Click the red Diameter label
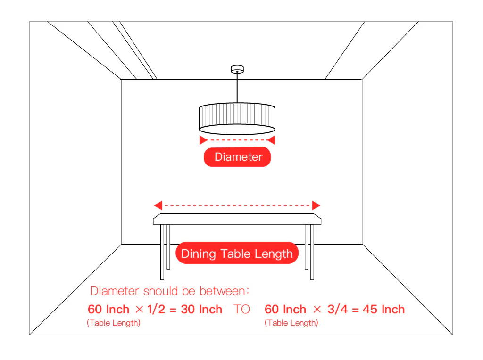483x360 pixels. [237, 157]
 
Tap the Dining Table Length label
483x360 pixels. [237, 253]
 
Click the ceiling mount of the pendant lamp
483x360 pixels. [237, 69]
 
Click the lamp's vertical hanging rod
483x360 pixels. [237, 88]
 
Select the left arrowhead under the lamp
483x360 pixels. [203, 140]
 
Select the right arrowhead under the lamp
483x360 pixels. [271, 140]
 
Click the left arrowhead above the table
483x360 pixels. [158, 205]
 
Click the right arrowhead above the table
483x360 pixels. [316, 205]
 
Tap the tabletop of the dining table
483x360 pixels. [237, 219]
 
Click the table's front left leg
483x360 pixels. [162, 252]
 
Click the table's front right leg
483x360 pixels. [312, 252]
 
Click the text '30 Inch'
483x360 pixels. [201, 309]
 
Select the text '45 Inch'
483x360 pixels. [383, 309]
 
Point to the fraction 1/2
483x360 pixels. [156, 309]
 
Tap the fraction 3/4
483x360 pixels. [337, 309]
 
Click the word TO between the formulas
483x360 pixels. [242, 309]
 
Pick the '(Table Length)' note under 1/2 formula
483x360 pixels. [114, 323]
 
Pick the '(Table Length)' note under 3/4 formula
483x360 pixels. [291, 323]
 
